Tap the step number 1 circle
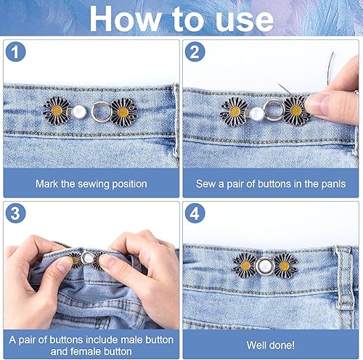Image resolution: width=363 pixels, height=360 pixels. tap(15, 52)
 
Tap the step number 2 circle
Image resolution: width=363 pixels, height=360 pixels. tap(195, 52)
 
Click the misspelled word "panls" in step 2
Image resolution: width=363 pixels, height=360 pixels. tap(333, 184)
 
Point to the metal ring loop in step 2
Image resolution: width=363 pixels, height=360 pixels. tap(274, 111)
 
